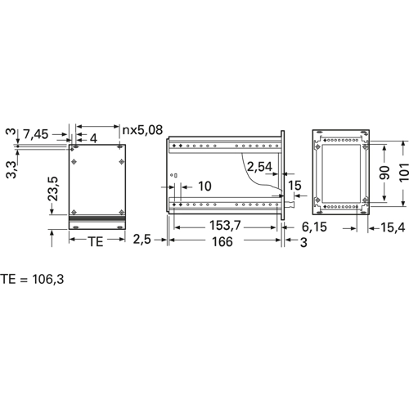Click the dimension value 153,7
(225, 225)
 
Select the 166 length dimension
(222, 241)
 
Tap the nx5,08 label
(142, 130)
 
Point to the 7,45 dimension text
(36, 134)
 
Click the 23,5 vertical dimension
(53, 189)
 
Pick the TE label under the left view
(96, 241)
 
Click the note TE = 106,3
(32, 279)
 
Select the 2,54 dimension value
(259, 167)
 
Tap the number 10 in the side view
(204, 187)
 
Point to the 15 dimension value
(294, 186)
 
